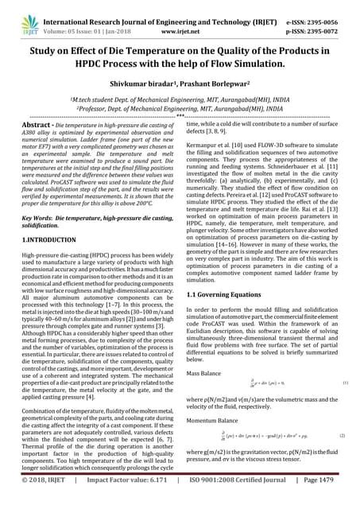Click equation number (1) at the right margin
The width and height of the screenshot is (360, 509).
pos(343,384)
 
